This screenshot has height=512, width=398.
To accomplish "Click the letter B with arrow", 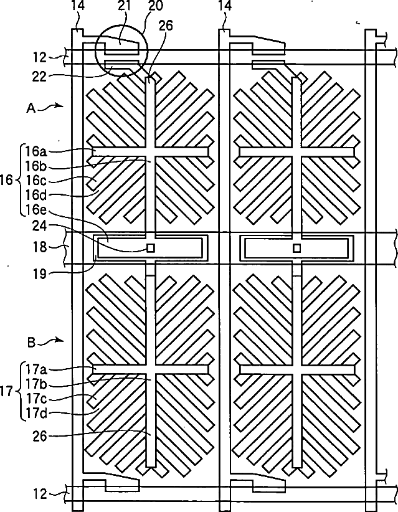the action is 31,341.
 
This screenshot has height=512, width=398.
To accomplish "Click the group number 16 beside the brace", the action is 7,180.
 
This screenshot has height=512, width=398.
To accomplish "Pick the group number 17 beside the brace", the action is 7,392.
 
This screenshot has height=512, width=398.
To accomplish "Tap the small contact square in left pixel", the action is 150,247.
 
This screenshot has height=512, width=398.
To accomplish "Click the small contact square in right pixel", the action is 297,247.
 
